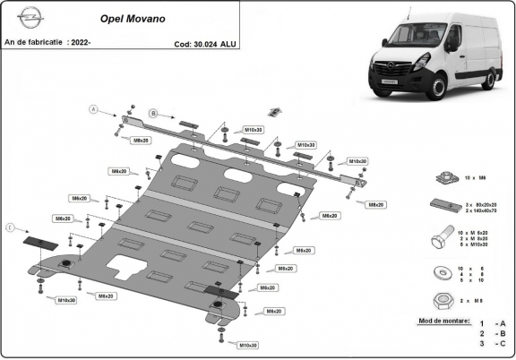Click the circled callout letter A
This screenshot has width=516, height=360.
(x=91, y=109)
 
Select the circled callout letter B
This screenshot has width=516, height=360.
(x=153, y=114)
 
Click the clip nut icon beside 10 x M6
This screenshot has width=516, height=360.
(x=440, y=179)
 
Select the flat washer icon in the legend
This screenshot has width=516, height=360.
(x=441, y=274)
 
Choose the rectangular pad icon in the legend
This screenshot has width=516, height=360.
(x=441, y=206)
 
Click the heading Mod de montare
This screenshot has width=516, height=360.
(x=443, y=319)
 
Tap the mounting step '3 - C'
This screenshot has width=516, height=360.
(x=491, y=342)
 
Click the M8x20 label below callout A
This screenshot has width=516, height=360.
(x=142, y=141)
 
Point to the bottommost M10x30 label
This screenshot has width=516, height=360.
(x=248, y=345)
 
